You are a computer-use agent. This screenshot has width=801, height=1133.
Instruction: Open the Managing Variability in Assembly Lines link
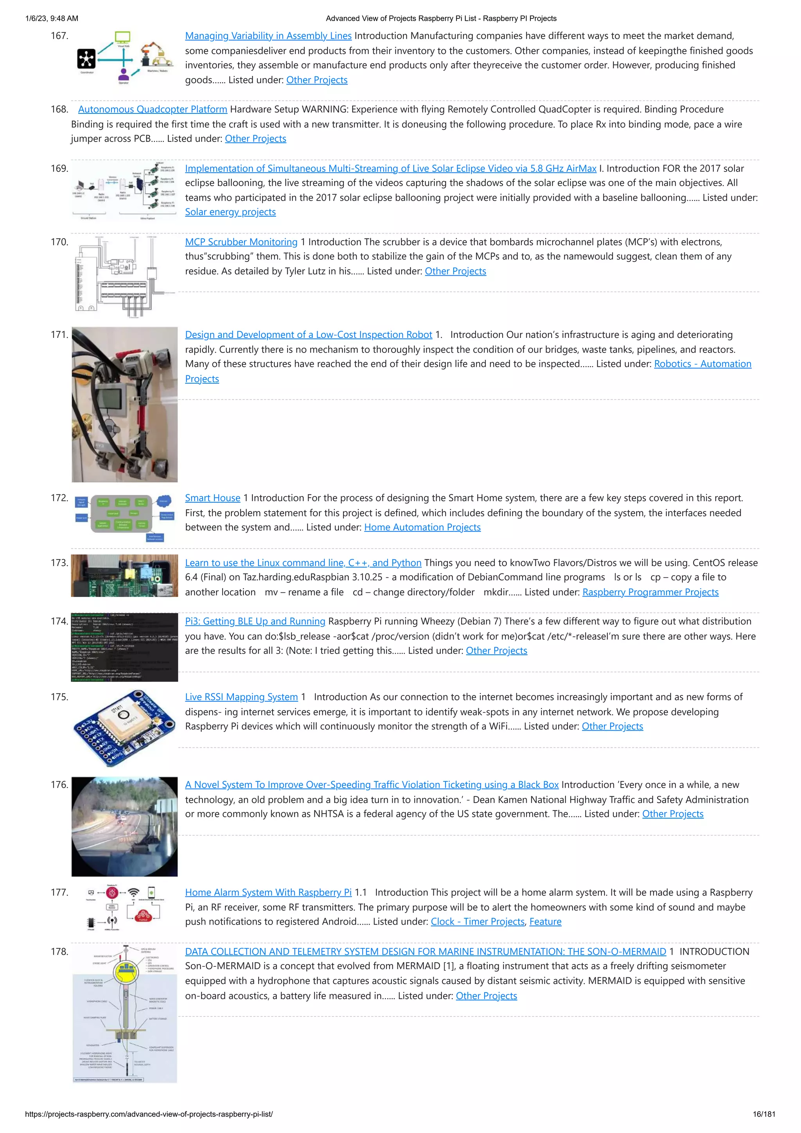point(268,36)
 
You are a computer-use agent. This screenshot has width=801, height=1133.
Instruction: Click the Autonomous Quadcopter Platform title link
point(153,110)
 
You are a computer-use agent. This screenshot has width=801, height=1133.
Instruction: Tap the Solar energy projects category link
point(230,212)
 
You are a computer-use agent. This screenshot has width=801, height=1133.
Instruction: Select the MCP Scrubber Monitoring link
point(241,242)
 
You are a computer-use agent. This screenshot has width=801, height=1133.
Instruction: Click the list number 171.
point(59,334)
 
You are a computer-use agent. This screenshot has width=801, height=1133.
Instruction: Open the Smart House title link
point(212,498)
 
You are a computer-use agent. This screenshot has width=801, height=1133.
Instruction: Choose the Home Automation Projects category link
point(422,528)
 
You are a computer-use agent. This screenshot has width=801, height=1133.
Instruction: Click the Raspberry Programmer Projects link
point(650,592)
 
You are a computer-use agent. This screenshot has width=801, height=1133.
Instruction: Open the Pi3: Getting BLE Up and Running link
point(255,622)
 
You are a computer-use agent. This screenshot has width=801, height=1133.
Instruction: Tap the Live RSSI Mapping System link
point(241,697)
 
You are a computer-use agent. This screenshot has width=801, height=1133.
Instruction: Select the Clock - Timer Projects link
point(477,922)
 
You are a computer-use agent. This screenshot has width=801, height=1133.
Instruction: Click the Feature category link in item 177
point(545,922)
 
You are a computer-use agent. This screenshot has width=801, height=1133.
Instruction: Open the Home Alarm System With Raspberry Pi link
point(268,893)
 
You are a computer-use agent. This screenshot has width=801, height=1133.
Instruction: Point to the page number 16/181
point(763,1114)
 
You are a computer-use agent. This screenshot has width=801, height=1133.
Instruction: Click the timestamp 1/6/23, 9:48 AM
point(51,19)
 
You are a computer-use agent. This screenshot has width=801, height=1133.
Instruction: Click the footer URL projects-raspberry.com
point(149,1114)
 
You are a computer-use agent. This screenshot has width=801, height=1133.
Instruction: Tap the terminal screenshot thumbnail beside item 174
point(124,647)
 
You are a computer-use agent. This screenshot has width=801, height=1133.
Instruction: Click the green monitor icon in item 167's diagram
point(122,37)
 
